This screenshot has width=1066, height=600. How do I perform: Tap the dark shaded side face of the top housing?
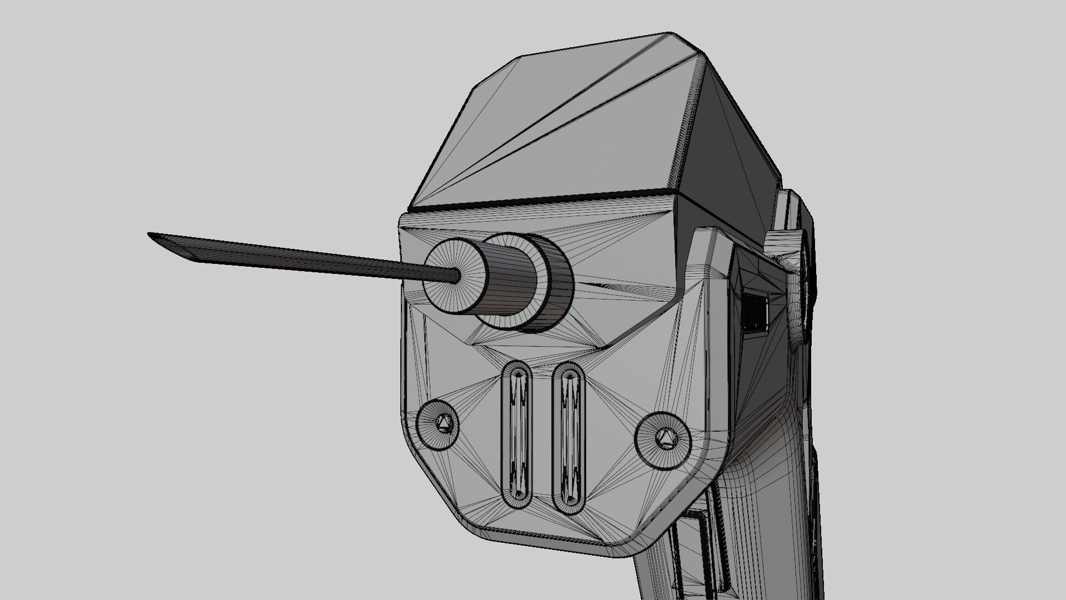(x=733, y=139)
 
